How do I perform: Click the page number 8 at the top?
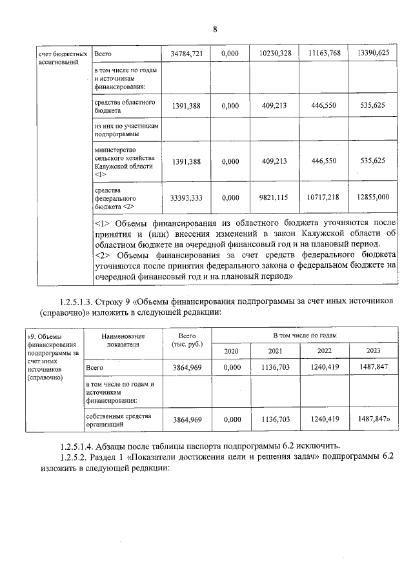(x=214, y=29)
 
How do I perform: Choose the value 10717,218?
(x=324, y=196)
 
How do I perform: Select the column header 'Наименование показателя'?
(x=123, y=340)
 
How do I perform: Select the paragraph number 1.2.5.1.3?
(x=80, y=301)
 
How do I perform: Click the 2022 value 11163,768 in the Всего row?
(x=324, y=54)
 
